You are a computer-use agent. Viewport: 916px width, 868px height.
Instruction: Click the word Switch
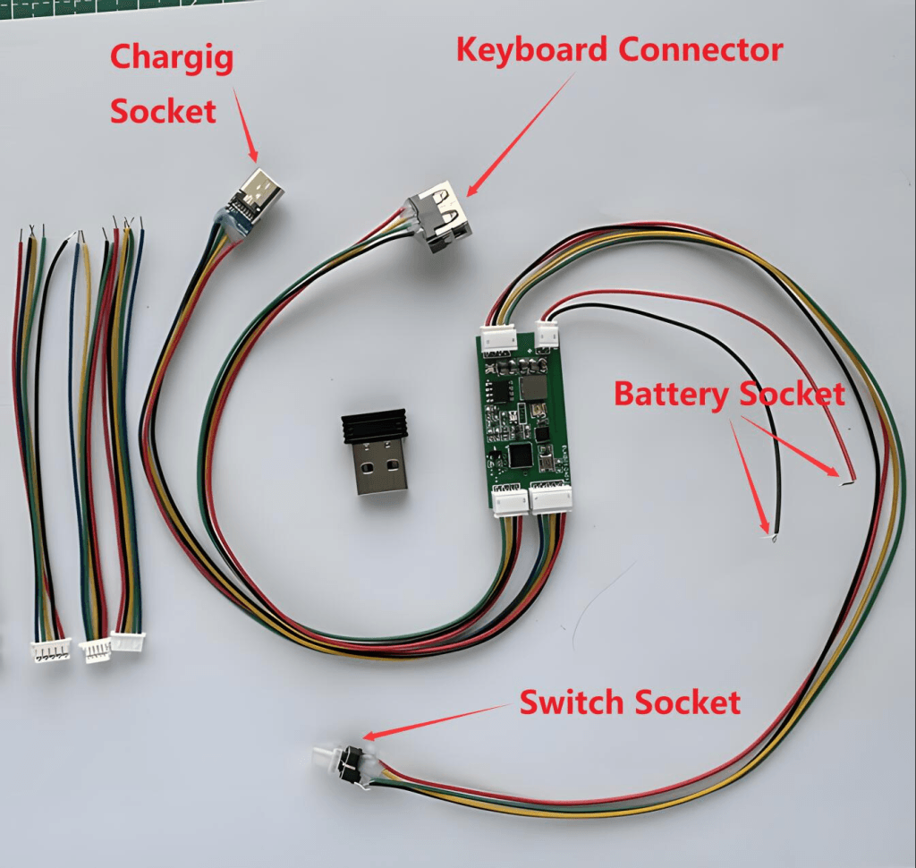pos(572,702)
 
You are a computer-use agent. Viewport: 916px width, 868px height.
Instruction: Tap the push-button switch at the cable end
pos(344,763)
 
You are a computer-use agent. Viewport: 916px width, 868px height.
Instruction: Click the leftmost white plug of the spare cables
pos(52,653)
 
